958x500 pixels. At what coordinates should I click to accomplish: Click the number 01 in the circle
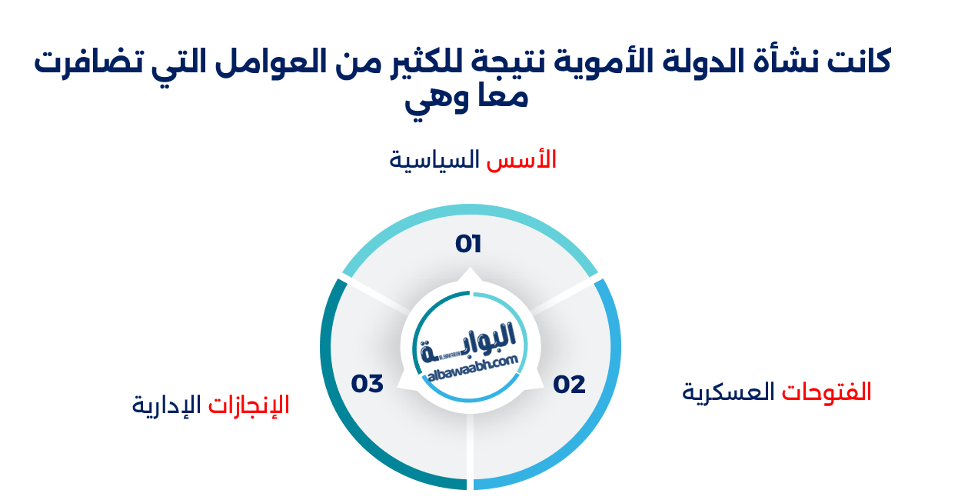point(468,244)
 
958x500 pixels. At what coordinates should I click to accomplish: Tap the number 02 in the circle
point(570,384)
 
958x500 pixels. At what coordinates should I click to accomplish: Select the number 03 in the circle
point(368,383)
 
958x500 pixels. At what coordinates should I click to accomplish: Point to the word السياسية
point(434,160)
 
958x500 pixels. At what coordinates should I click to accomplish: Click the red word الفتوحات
point(827,392)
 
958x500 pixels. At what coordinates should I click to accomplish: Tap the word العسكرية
point(729,392)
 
